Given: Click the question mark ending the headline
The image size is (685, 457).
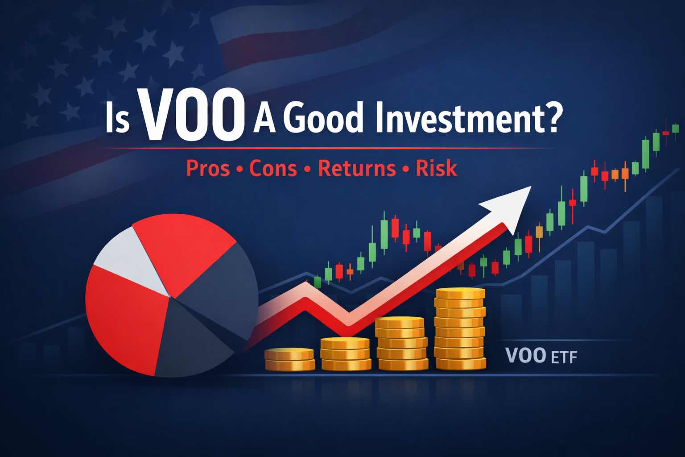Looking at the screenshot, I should (549, 118).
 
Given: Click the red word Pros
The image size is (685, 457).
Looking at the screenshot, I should (208, 169).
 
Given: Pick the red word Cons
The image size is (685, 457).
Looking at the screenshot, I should (273, 169).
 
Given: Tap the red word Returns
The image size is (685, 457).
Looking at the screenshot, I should (357, 169).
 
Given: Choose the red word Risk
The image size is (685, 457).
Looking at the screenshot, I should (436, 169).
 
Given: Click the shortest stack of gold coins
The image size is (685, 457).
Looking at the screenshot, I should (289, 359).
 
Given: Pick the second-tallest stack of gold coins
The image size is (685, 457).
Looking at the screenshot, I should (400, 343).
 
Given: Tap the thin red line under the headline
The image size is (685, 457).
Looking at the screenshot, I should (330, 148).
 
